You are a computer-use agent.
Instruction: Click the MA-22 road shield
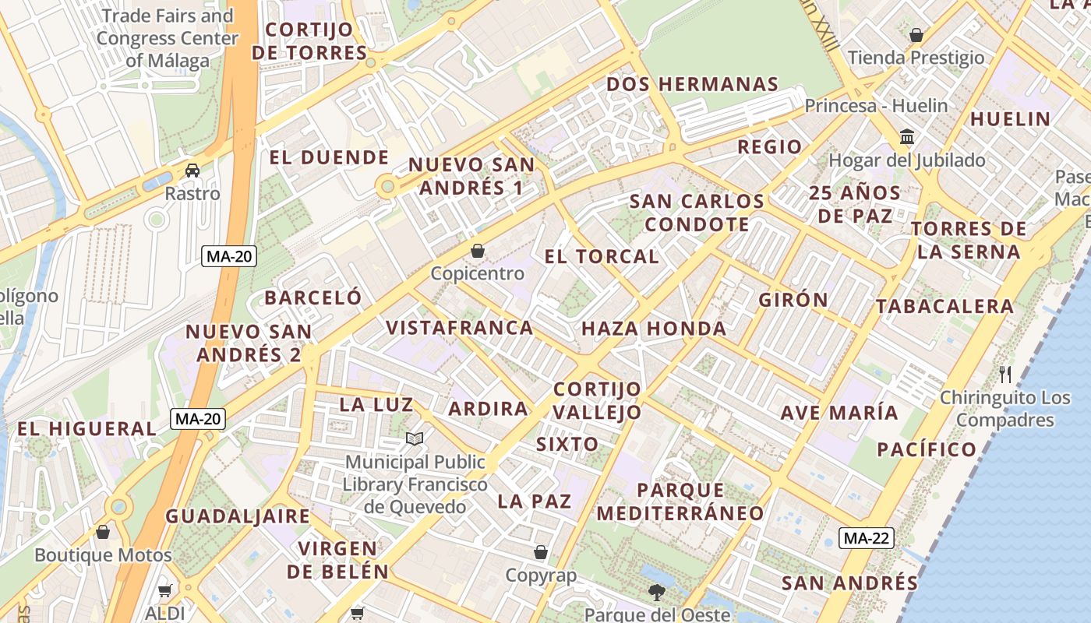(x=867, y=537)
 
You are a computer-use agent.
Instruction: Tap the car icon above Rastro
(x=192, y=170)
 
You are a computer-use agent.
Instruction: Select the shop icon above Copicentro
(x=478, y=251)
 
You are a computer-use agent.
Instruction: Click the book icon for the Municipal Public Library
(x=415, y=440)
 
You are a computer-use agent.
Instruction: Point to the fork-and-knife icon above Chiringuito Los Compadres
(x=1005, y=375)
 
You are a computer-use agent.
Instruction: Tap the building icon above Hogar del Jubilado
(x=907, y=137)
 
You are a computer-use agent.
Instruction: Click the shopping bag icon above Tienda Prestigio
(x=916, y=35)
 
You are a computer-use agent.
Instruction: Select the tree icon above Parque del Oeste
(x=657, y=593)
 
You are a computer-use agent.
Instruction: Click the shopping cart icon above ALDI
(x=164, y=591)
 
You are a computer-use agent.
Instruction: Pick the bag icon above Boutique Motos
(x=103, y=532)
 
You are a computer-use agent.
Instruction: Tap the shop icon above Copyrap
(x=541, y=553)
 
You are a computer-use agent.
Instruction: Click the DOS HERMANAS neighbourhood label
(x=692, y=84)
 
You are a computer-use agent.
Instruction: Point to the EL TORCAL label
(x=602, y=256)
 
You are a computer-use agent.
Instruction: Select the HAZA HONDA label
(x=654, y=329)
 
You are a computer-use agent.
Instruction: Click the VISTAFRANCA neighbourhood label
(x=460, y=328)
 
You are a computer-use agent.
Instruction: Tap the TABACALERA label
(x=944, y=306)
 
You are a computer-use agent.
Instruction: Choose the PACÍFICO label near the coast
(x=927, y=449)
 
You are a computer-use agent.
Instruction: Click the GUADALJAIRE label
(x=238, y=516)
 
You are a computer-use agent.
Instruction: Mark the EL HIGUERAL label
(x=87, y=428)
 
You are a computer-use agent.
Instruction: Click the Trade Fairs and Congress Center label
(x=167, y=38)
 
